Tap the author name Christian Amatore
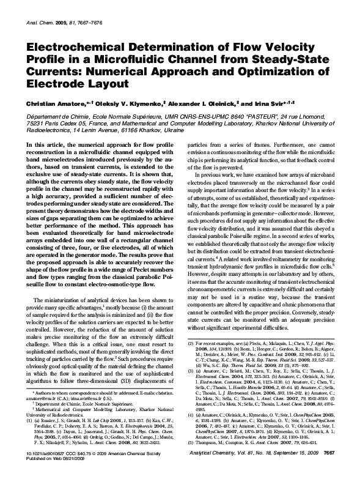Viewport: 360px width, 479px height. (x=54, y=104)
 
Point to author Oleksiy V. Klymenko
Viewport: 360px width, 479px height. (x=125, y=104)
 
